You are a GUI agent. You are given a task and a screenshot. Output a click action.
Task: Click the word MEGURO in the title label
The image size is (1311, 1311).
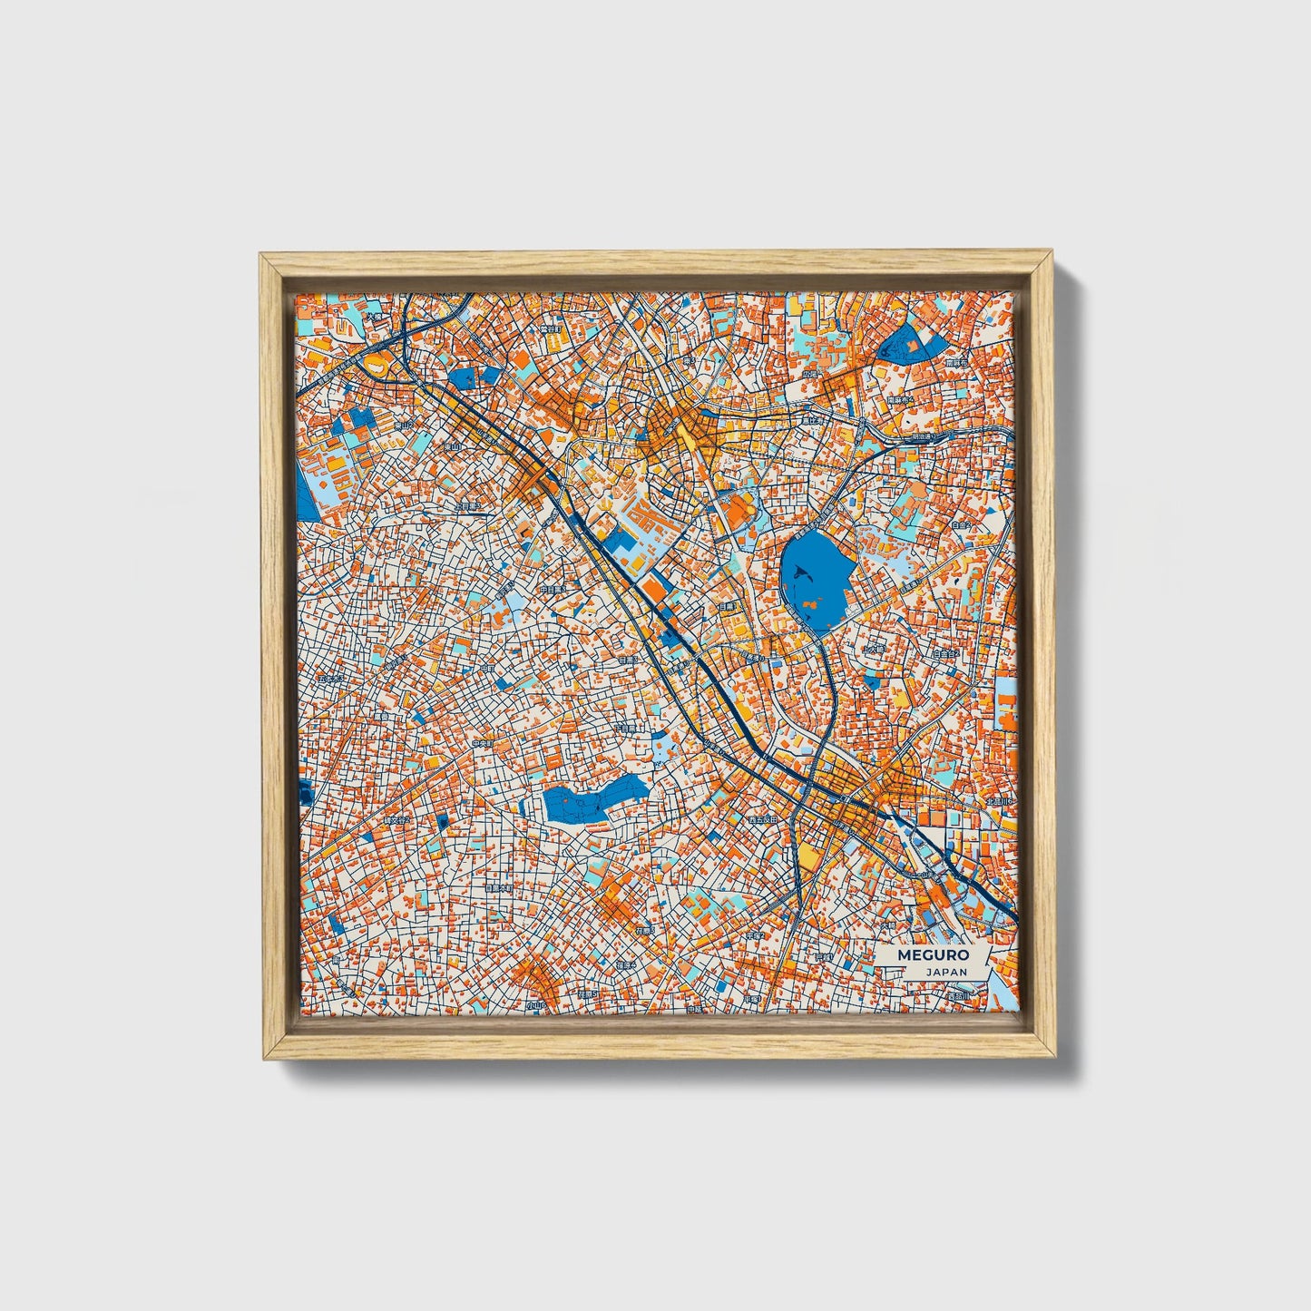click(x=933, y=955)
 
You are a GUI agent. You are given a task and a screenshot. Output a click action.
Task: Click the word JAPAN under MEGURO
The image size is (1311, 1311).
click(x=946, y=972)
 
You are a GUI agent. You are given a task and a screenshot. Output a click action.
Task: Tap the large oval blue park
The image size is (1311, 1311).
click(x=814, y=582)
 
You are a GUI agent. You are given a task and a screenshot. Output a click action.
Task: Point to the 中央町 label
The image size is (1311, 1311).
click(x=482, y=743)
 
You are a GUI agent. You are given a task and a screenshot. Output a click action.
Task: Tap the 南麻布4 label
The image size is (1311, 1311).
click(x=901, y=399)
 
